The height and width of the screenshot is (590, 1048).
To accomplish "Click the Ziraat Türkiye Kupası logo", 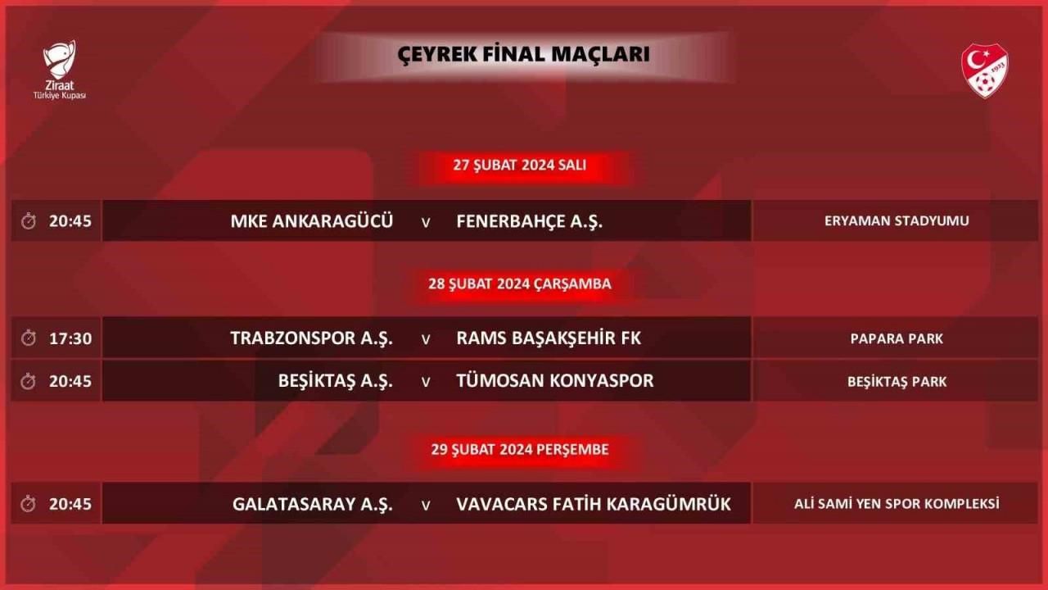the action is click(x=60, y=70).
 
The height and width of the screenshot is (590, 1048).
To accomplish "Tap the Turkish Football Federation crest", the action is click(x=985, y=70).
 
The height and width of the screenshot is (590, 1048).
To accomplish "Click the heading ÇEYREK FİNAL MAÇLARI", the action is click(x=523, y=54).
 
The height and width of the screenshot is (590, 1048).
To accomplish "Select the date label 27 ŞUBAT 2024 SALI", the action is click(x=519, y=166).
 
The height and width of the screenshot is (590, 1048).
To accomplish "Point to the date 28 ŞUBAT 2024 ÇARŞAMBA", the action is click(x=520, y=284).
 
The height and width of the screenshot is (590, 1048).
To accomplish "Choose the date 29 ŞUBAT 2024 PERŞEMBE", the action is click(x=520, y=450).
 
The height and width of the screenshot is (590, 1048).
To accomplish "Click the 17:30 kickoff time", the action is click(x=70, y=338).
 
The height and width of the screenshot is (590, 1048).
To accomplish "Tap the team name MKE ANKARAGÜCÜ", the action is click(x=312, y=221).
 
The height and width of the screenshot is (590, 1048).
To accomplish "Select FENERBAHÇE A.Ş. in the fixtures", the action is click(x=530, y=221).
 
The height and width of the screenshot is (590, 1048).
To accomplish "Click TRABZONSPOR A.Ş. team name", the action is click(x=312, y=338).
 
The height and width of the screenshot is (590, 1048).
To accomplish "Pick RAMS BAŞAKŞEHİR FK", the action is click(x=549, y=338).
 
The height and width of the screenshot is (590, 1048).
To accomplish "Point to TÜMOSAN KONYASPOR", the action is click(x=555, y=381).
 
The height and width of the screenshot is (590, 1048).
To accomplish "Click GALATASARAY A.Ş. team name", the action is click(x=313, y=504).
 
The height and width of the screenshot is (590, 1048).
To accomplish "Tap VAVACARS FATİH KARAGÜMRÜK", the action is click(x=594, y=504).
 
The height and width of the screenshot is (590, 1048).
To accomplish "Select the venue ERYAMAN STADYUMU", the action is click(x=897, y=221).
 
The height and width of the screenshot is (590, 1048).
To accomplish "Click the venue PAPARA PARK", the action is click(x=897, y=338).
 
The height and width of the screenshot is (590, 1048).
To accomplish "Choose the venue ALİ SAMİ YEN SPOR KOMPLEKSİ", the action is click(x=897, y=504).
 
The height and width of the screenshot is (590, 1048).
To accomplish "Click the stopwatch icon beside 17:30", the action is click(x=29, y=338).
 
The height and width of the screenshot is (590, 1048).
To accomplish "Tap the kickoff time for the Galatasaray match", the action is click(x=70, y=504).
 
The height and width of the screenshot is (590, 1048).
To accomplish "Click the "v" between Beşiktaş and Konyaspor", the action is click(x=426, y=382).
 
